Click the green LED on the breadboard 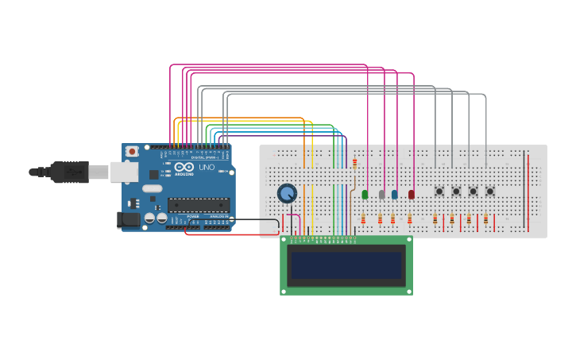coord(365,194)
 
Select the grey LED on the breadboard coord(381,194)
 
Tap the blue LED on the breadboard coord(395,194)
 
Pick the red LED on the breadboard coord(411,194)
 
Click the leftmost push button coord(439,191)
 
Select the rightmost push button coord(489,191)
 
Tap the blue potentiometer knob coord(287,193)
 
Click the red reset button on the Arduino coord(131,151)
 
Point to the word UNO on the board coord(205,168)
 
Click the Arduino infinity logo coord(184,168)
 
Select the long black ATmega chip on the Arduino coord(198,205)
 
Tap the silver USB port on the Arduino coord(124,172)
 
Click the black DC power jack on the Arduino coord(127,220)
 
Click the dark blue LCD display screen coord(346,265)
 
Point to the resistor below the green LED coord(363,219)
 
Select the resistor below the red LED coord(410,219)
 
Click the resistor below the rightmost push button coord(485,219)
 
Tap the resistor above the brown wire coord(354,164)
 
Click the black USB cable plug coord(68,172)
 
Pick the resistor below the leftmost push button coord(435,219)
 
